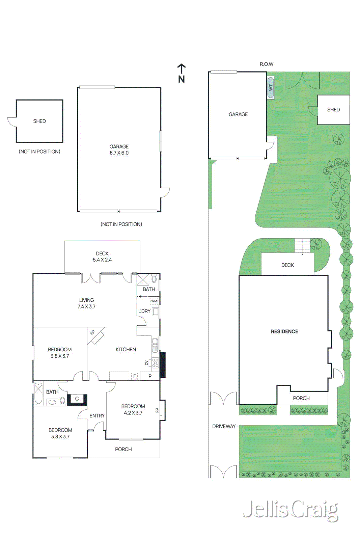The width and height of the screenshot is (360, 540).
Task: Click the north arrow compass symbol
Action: click(182, 73)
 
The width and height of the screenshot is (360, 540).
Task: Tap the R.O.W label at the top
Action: click(266, 64)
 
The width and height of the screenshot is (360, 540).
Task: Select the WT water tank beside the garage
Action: click(271, 88)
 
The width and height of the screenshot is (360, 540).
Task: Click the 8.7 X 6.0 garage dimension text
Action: click(119, 153)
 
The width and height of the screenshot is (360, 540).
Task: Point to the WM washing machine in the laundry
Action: click(154, 301)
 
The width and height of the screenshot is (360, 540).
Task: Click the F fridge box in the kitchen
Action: click(134, 376)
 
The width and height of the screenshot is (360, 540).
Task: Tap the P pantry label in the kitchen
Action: click(150, 376)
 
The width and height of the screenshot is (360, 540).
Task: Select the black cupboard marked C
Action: click(77, 399)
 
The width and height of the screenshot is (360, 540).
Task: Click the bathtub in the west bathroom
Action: click(38, 393)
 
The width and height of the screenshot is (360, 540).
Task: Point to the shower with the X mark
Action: click(142, 280)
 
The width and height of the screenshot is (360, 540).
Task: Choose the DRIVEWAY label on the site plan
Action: click(224, 426)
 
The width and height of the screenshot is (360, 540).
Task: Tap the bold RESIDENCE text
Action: click(284, 331)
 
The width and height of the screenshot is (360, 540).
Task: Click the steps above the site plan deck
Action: click(302, 245)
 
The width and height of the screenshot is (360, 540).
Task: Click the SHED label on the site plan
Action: click(333, 110)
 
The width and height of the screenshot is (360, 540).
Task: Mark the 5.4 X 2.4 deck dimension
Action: click(102, 260)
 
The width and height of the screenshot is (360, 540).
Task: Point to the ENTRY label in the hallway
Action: click(97, 416)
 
